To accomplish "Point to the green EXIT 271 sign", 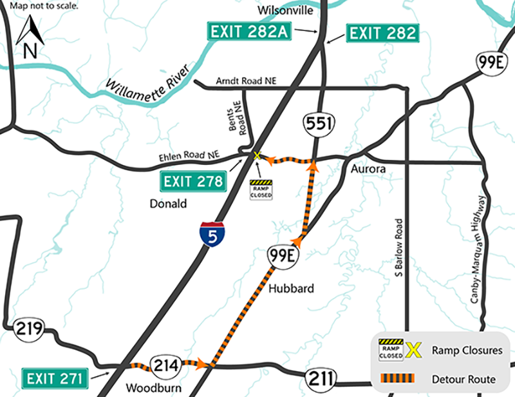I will (x=55, y=377).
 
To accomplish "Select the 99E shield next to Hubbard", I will (x=282, y=257).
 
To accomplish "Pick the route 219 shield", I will (x=27, y=329).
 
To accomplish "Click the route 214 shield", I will (x=162, y=365).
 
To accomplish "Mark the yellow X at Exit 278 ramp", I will (x=257, y=156).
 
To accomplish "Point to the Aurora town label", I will (x=367, y=169).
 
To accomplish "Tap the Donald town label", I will (x=164, y=204).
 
